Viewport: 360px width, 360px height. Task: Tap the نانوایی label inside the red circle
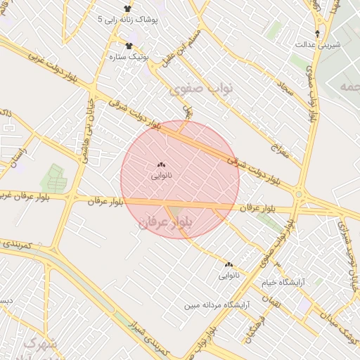click(162, 176)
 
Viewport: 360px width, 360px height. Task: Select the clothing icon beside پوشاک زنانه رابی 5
click(127, 8)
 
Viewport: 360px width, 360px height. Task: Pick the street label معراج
click(276, 143)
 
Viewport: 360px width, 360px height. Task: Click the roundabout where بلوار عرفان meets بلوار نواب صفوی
click(300, 194)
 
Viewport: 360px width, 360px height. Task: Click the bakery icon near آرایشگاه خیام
click(229, 265)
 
